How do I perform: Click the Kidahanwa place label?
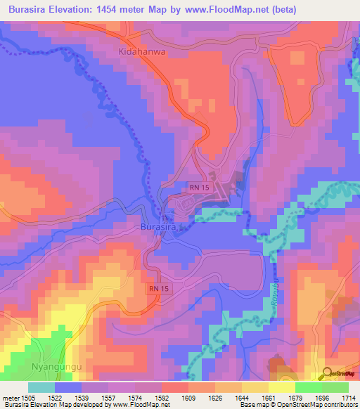(x=141, y=53)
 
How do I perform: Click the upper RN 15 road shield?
(x=198, y=187)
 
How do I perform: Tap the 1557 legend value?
(x=110, y=398)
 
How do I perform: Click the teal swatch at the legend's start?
(x=41, y=387)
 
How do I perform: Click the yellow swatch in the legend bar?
(x=281, y=387)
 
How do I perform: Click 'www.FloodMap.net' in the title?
(x=220, y=10)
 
